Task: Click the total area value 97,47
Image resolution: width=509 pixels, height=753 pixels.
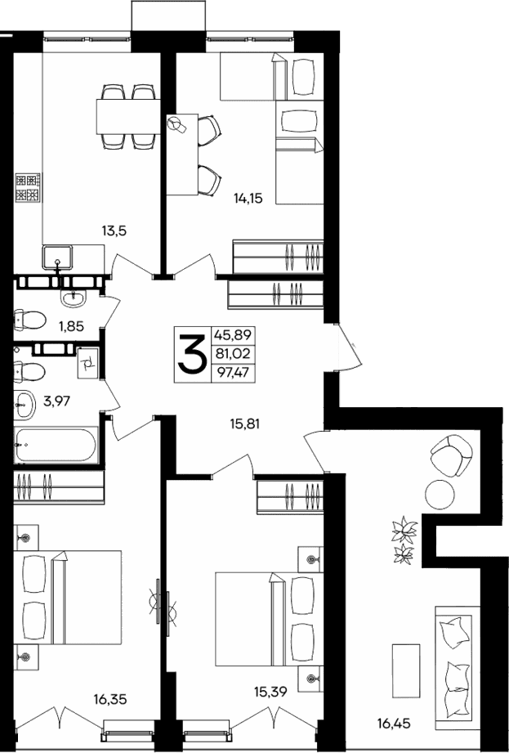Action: tap(230, 373)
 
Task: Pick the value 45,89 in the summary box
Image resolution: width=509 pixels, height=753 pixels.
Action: tap(230, 334)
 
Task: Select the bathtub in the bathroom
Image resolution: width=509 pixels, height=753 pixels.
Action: tap(56, 446)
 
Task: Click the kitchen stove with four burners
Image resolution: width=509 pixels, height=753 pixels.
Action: tap(26, 188)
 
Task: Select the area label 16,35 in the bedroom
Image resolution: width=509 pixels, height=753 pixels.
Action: tap(110, 699)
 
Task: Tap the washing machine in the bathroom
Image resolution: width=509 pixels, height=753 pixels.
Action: tap(87, 364)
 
